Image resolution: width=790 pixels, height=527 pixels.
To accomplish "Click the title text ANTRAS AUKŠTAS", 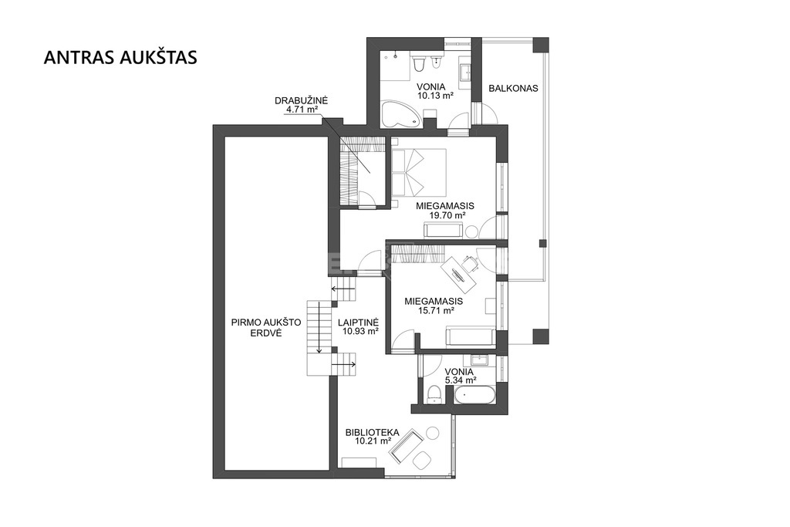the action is pyautogui.click(x=120, y=57).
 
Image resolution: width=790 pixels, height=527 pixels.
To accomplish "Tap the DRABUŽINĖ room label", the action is pyautogui.click(x=302, y=100).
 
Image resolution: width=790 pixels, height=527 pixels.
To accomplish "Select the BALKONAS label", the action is pyautogui.click(x=513, y=88).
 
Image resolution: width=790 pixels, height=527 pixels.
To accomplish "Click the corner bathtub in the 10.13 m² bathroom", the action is pyautogui.click(x=400, y=114).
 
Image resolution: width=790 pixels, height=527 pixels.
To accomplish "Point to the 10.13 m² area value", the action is pyautogui.click(x=436, y=94).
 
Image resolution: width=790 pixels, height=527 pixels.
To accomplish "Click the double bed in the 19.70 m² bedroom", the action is pyautogui.click(x=419, y=172).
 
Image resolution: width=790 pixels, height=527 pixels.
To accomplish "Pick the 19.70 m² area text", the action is pyautogui.click(x=447, y=215).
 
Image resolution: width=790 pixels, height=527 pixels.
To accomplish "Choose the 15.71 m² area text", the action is pyautogui.click(x=437, y=310).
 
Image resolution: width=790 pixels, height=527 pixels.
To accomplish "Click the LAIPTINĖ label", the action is pyautogui.click(x=358, y=323).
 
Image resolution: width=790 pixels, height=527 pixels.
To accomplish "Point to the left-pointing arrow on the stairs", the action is pyautogui.click(x=343, y=289).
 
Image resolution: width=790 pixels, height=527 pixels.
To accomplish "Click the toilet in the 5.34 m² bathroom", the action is pyautogui.click(x=434, y=394).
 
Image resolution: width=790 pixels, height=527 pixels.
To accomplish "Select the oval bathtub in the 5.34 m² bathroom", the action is pyautogui.click(x=474, y=396).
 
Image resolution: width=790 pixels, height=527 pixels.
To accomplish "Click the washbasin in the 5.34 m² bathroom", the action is pyautogui.click(x=479, y=360).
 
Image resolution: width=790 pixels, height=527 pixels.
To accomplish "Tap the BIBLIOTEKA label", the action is pyautogui.click(x=373, y=432).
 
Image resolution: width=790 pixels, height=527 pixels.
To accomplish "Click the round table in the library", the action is pyautogui.click(x=433, y=433).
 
